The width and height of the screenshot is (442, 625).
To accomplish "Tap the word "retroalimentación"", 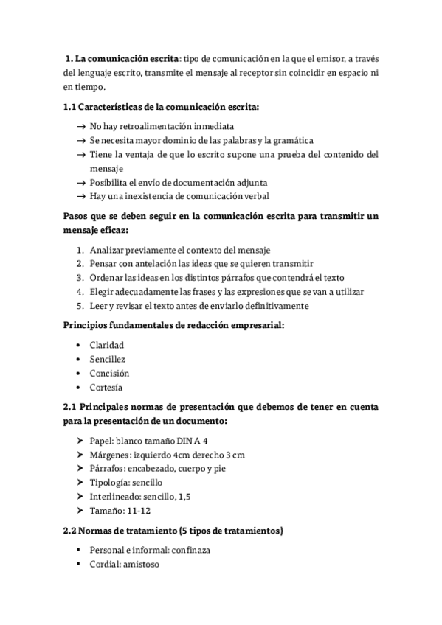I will tap(162, 126).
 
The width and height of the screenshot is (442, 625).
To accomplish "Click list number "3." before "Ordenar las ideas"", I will tap(80, 277).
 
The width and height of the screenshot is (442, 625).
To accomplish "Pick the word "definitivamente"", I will tap(277, 306).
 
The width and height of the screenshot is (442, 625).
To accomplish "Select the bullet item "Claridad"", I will tap(107, 345).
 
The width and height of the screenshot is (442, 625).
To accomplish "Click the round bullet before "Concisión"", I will tap(80, 374).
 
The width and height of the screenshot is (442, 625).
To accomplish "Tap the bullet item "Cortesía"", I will tap(106, 388).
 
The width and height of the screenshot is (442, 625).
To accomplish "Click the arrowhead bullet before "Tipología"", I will tap(80, 483).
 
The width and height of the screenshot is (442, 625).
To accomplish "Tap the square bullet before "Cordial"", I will tap(79, 565).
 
